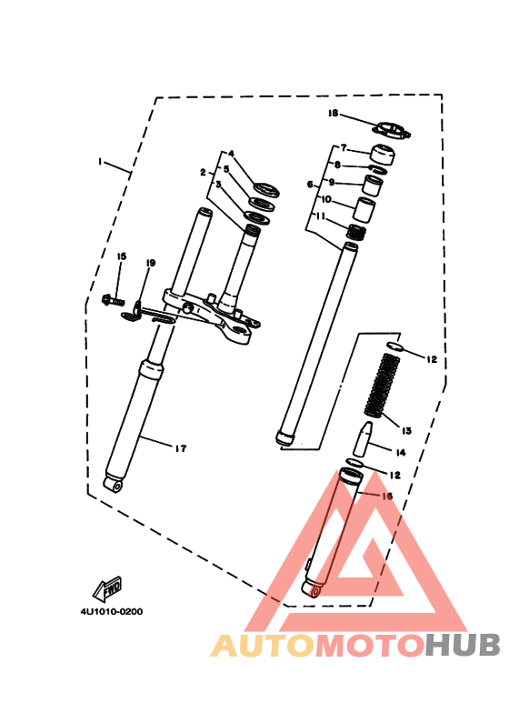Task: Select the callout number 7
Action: pyautogui.click(x=344, y=148)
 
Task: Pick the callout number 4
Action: pyautogui.click(x=231, y=154)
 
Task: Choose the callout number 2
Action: pyautogui.click(x=205, y=171)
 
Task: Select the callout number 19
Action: pyautogui.click(x=151, y=263)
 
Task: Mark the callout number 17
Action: pyautogui.click(x=180, y=447)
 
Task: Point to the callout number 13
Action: pyautogui.click(x=405, y=429)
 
